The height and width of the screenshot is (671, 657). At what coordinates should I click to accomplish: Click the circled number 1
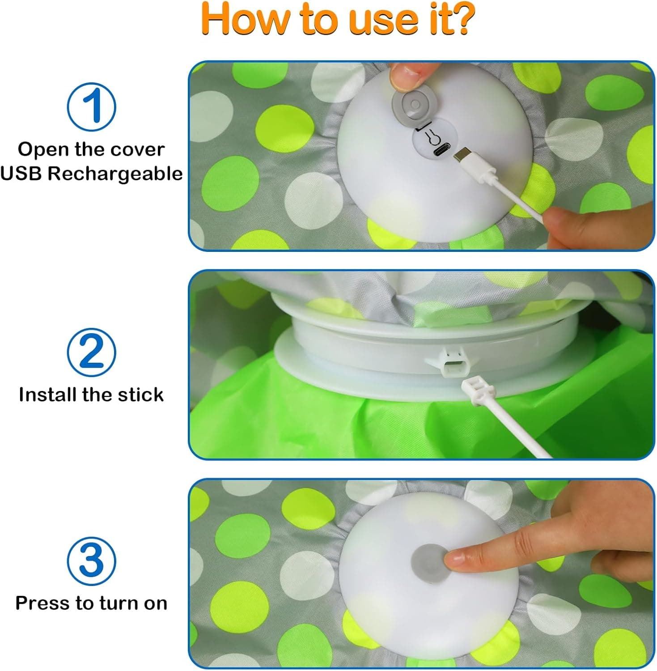coord(91,107)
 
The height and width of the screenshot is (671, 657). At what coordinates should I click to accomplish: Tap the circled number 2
coord(91,352)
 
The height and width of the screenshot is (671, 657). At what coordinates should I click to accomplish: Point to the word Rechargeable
coord(115,174)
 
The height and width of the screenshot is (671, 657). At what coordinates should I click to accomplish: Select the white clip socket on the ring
coord(452,363)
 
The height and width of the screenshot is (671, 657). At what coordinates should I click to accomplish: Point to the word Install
coord(47,395)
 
